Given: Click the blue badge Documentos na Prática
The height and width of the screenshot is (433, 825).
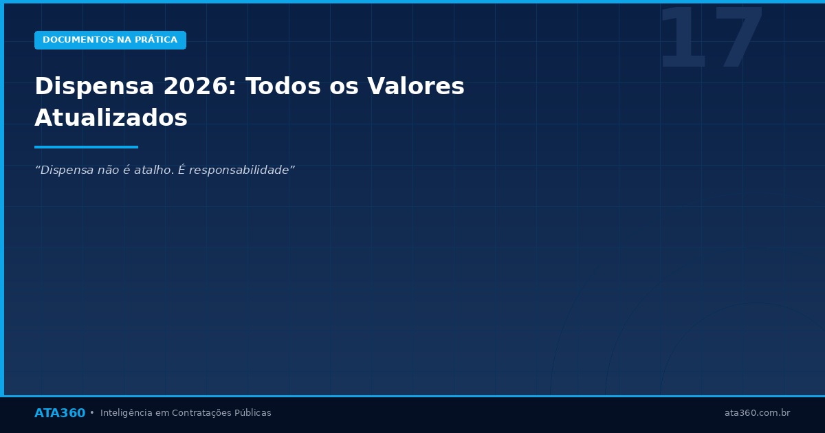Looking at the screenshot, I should [110, 40].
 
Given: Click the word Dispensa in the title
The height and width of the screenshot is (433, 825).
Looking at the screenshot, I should [94, 87].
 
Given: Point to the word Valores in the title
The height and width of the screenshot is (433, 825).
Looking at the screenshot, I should [415, 87].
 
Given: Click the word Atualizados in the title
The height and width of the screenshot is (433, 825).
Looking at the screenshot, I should [111, 118].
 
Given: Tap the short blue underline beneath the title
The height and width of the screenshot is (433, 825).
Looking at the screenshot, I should [86, 147].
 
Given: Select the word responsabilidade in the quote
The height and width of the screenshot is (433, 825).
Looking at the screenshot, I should [241, 170].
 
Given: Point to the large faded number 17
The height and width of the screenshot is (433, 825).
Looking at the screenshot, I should [711, 40].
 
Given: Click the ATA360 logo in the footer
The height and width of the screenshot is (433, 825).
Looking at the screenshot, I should [60, 413].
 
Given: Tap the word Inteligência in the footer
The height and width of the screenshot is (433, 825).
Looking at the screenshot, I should [126, 413].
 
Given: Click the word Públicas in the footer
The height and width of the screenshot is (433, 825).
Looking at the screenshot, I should [252, 413].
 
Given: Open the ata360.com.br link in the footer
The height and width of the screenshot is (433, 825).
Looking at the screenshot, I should [757, 413].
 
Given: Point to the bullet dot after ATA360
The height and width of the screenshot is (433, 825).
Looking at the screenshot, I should [92, 413].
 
